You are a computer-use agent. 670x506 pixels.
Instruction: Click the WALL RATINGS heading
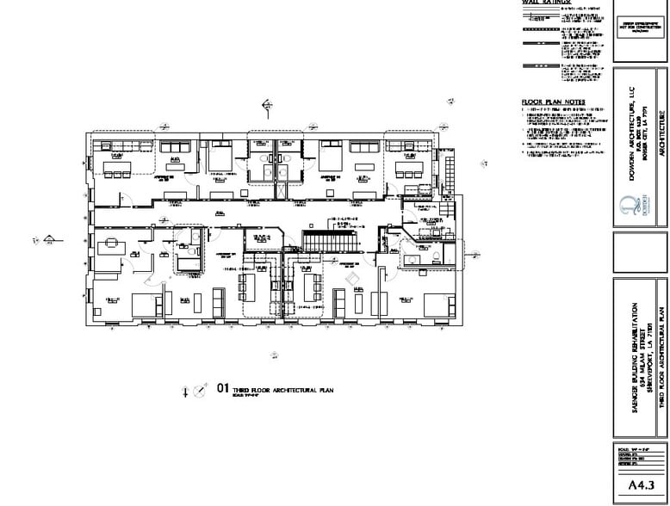tap(546, 3)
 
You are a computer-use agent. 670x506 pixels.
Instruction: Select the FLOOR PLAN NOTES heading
tap(554, 102)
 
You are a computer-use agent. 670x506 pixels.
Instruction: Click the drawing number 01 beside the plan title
tap(222, 389)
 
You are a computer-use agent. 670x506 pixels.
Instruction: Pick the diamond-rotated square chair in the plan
tap(351, 279)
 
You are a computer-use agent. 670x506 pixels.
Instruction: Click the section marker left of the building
tap(50, 239)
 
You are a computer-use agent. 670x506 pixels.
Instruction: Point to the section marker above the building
tap(268, 105)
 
